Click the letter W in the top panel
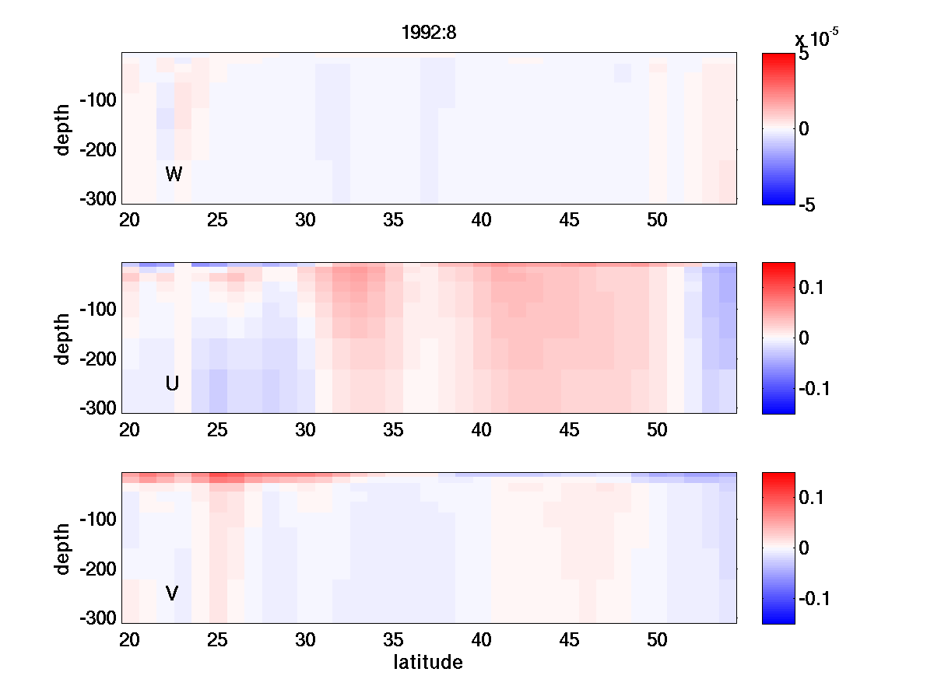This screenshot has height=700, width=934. coord(174,174)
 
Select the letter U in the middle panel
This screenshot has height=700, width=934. coord(173,383)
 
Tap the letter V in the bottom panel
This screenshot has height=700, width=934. coord(172,593)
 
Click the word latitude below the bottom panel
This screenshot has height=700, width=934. coord(428,663)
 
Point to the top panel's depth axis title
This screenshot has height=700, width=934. coord(63,128)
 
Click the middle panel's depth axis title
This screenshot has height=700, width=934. coord(63,338)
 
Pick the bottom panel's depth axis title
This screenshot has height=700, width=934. coord(63,548)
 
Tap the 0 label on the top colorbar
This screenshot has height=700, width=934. coord(805,129)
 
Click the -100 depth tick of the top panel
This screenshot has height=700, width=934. coord(97,100)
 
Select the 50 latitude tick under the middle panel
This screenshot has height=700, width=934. coord(658,430)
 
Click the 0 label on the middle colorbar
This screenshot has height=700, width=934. coord(805,338)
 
